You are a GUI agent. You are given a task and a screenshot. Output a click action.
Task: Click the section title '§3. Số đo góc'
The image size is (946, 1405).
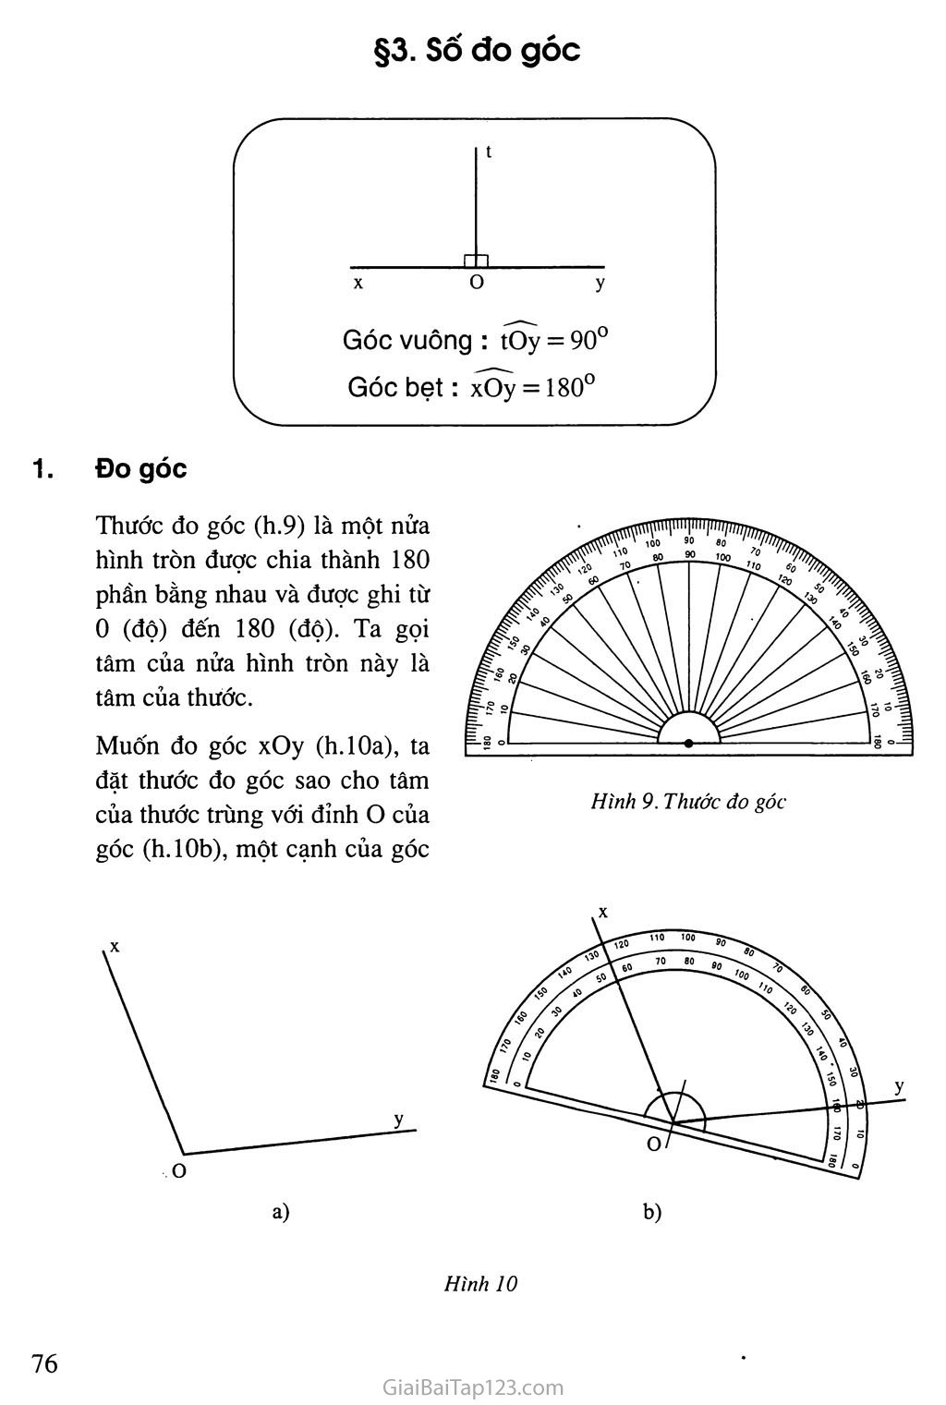pos(476,50)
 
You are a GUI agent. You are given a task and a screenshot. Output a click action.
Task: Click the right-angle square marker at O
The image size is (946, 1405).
pos(476,261)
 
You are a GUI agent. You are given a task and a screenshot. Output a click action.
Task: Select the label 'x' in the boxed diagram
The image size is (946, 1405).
pos(358,284)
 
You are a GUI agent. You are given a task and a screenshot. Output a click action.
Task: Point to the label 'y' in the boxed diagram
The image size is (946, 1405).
pos(600,284)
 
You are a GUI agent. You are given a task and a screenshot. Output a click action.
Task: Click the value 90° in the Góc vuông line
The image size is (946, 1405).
pos(589,341)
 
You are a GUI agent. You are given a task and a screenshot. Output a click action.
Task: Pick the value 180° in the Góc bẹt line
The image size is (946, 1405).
pos(564,387)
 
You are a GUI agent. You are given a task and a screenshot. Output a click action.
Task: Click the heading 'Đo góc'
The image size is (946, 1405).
pos(140,469)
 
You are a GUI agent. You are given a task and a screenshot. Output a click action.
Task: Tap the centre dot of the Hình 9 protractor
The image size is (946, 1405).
pos(688,743)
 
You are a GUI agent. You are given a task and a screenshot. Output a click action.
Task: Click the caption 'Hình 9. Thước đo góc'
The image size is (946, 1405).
pos(688,801)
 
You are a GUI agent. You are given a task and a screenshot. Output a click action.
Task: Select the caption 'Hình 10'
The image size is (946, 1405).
pos(480,1283)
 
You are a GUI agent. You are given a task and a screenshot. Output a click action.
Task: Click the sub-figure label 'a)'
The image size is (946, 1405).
pos(281,1212)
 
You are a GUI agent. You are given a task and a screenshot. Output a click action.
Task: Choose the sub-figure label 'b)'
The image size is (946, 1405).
pos(652,1212)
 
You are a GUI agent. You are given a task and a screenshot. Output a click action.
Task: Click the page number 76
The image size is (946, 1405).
pos(44,1363)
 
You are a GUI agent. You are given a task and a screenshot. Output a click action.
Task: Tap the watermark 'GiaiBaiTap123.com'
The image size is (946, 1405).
pos(472,1387)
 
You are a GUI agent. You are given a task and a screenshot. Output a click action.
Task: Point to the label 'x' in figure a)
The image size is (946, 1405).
pos(115,946)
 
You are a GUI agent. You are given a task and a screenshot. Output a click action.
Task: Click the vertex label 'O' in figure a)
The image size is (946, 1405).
pos(179,1171)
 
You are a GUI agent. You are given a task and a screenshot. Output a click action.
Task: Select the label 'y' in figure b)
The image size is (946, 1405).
pos(899,1086)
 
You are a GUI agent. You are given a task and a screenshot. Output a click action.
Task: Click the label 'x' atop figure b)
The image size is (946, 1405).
pos(602,912)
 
